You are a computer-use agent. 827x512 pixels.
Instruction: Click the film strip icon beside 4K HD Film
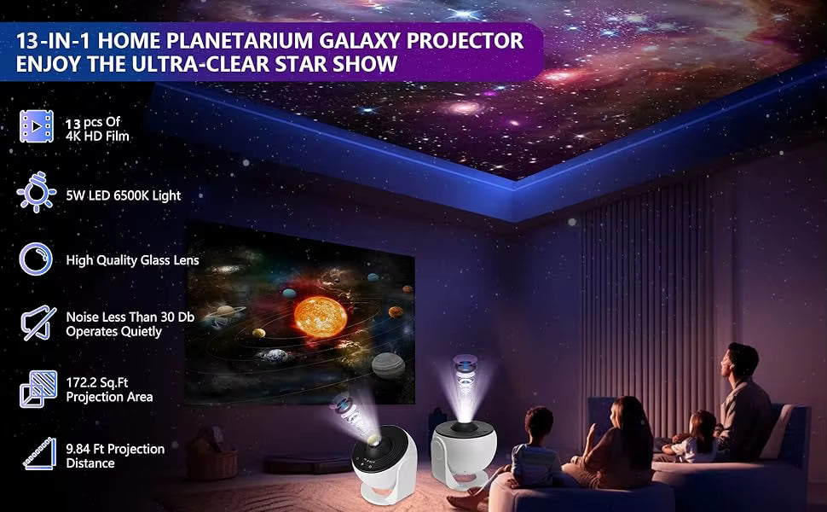pyautogui.click(x=36, y=126)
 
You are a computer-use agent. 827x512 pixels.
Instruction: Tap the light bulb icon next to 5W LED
pyautogui.click(x=36, y=195)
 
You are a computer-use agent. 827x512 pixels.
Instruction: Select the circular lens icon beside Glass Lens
pyautogui.click(x=36, y=259)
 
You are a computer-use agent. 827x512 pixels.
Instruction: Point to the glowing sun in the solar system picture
pyautogui.click(x=321, y=317)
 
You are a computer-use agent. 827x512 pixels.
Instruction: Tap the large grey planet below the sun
pyautogui.click(x=388, y=365)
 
